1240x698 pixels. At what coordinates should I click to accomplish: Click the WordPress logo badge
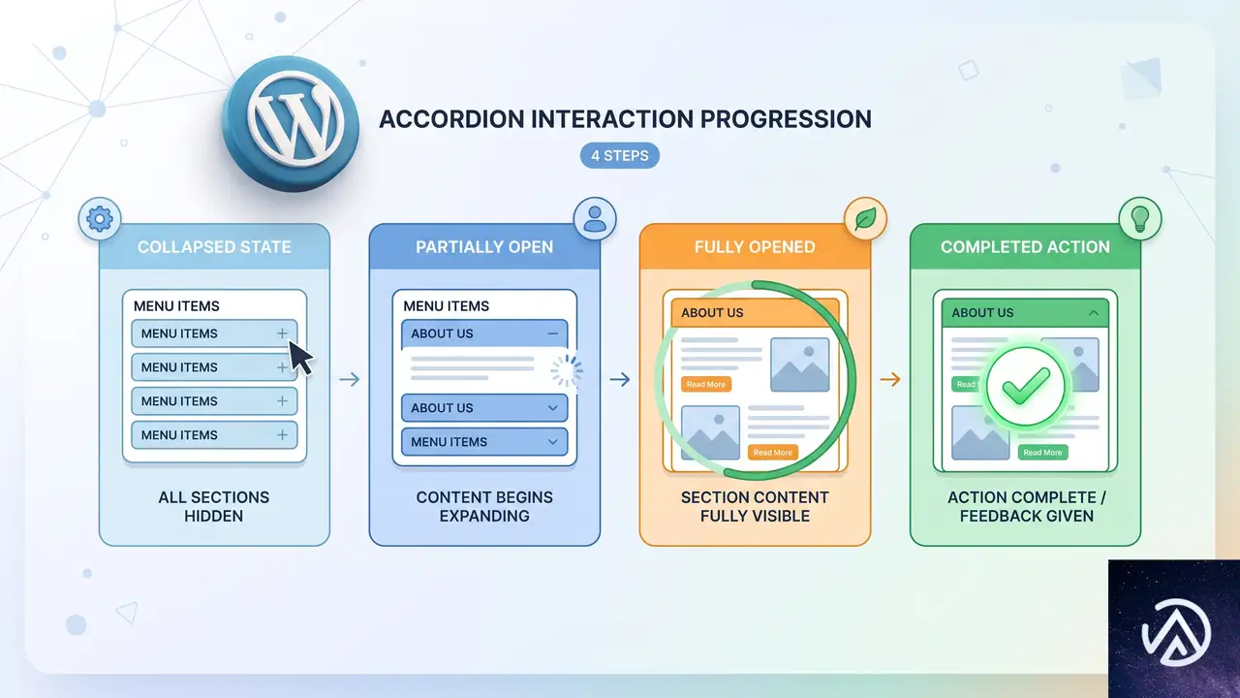290,123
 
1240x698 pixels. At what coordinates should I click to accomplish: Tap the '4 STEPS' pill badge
619,156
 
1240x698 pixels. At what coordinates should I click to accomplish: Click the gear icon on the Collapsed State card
100,219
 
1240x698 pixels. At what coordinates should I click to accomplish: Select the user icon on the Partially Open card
595,219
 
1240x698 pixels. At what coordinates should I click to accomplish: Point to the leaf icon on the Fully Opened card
865,219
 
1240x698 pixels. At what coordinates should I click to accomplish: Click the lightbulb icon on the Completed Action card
1140,219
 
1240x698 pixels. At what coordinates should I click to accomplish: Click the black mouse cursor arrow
300,358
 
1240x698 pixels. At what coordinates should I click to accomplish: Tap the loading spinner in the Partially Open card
567,370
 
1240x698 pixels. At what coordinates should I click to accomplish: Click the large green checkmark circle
1026,386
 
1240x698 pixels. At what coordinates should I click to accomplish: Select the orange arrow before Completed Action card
890,379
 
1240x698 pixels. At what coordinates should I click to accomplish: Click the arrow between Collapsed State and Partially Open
350,379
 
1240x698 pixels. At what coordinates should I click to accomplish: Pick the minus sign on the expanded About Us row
552,333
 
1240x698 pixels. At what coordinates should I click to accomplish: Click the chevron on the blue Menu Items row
552,441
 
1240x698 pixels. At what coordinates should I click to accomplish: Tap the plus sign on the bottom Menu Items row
282,435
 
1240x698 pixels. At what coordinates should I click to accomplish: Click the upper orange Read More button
706,384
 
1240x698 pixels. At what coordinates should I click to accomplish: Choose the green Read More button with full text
1042,452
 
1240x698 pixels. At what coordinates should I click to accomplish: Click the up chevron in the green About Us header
1094,313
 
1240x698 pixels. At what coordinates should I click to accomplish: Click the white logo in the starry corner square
1175,632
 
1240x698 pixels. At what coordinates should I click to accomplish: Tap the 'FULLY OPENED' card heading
755,247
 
